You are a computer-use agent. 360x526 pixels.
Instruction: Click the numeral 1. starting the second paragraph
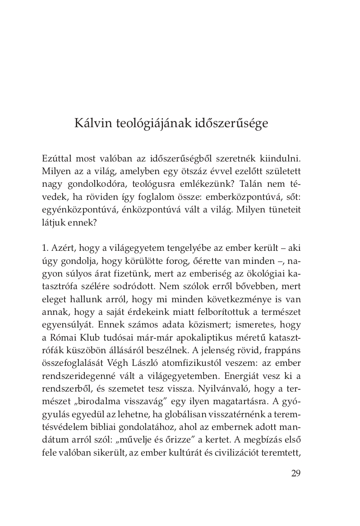pyautogui.click(x=45, y=248)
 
